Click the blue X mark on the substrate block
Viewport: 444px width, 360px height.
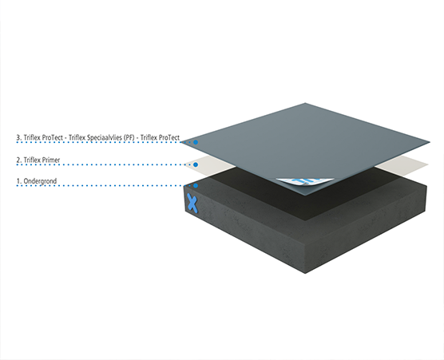pos(192,204)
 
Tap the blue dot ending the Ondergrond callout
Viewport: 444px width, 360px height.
pos(196,186)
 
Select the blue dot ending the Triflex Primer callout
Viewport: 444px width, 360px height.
pos(196,164)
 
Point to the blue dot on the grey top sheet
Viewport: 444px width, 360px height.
pos(196,142)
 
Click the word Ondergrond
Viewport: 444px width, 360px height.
pos(40,181)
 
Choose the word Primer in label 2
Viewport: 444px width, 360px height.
pos(51,160)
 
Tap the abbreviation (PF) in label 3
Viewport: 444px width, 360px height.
pos(130,138)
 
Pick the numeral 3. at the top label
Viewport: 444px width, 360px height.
pos(19,137)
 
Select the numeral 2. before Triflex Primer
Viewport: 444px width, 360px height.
pos(19,160)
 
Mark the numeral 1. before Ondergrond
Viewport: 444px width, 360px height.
pos(19,181)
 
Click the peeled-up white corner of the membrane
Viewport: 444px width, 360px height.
pos(305,182)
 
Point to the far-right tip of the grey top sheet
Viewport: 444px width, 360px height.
pos(430,142)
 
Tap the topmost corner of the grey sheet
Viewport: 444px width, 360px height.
pos(305,103)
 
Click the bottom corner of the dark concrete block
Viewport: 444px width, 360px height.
pos(305,273)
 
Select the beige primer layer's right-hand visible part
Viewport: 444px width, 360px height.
pos(403,165)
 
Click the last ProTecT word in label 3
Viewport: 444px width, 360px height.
pos(168,137)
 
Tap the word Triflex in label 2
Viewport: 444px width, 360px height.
pos(32,160)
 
